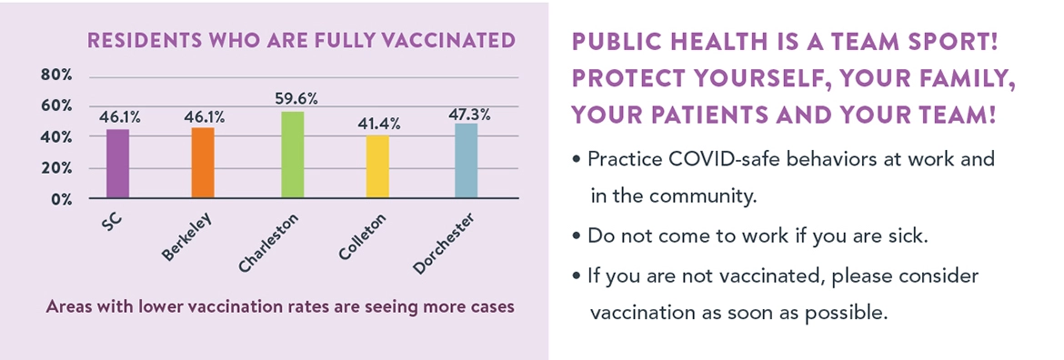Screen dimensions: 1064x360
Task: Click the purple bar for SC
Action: pyautogui.click(x=117, y=164)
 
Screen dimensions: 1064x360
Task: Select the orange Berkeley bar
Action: pyautogui.click(x=203, y=163)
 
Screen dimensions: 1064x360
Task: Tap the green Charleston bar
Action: pyautogui.click(x=292, y=155)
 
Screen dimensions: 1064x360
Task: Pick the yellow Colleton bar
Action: pyautogui.click(x=378, y=166)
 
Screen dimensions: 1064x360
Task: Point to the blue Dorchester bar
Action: pyautogui.click(x=467, y=161)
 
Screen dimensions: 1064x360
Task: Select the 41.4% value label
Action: pyautogui.click(x=379, y=124)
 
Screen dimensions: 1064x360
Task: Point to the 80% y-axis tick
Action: pyautogui.click(x=56, y=75)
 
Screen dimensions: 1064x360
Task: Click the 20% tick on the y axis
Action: pyautogui.click(x=56, y=168)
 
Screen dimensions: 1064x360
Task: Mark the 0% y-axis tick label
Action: pyautogui.click(x=60, y=199)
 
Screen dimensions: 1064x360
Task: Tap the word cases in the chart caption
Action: pyautogui.click(x=493, y=306)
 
